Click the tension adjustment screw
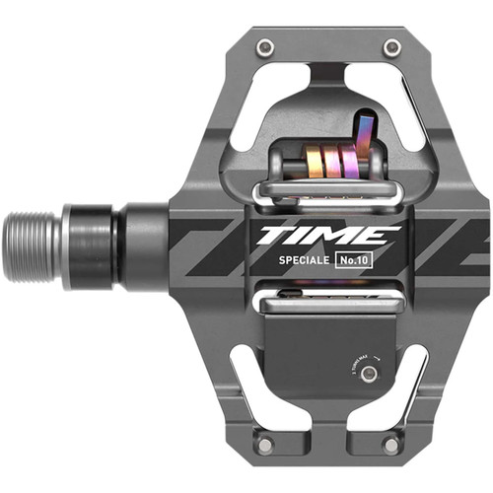[369, 374]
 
